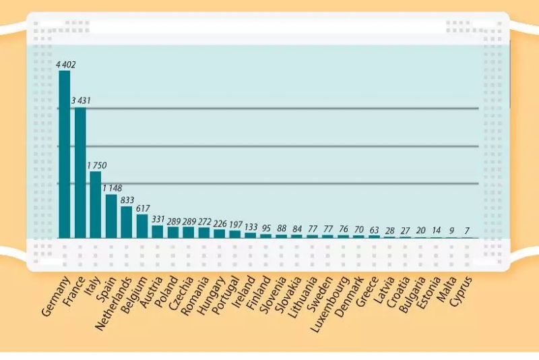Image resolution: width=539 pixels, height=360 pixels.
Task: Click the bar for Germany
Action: click(x=65, y=154)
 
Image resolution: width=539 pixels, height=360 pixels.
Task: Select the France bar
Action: click(x=80, y=173)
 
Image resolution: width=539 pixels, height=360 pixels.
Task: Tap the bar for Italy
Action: click(x=96, y=205)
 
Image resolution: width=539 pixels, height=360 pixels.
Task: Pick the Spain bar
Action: click(x=111, y=216)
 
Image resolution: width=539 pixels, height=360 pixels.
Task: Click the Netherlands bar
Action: click(x=127, y=222)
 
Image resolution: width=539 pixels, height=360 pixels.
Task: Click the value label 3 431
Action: click(x=81, y=101)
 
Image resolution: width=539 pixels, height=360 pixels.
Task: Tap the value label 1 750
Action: click(x=96, y=165)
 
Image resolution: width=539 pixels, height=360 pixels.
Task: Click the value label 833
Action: click(x=127, y=200)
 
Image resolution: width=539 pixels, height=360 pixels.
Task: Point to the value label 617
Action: click(x=143, y=208)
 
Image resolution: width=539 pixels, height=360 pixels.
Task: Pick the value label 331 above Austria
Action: click(x=158, y=219)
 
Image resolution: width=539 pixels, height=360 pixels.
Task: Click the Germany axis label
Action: click(x=57, y=297)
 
